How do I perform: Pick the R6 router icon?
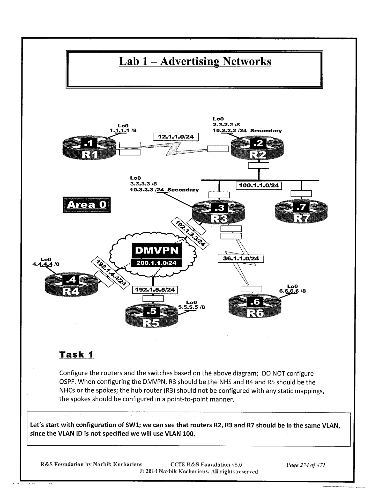tap(255, 307)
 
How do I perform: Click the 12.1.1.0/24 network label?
tap(176, 137)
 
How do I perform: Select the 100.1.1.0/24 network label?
tap(259, 185)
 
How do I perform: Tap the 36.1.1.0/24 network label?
tap(241, 258)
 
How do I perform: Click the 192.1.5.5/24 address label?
tap(155, 290)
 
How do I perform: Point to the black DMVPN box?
tap(157, 250)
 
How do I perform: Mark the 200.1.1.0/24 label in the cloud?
tap(157, 263)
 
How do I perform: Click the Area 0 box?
tap(86, 205)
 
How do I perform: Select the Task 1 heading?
tap(76, 355)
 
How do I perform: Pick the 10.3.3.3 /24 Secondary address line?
tap(164, 190)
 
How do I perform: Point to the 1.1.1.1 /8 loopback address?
tap(123, 131)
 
